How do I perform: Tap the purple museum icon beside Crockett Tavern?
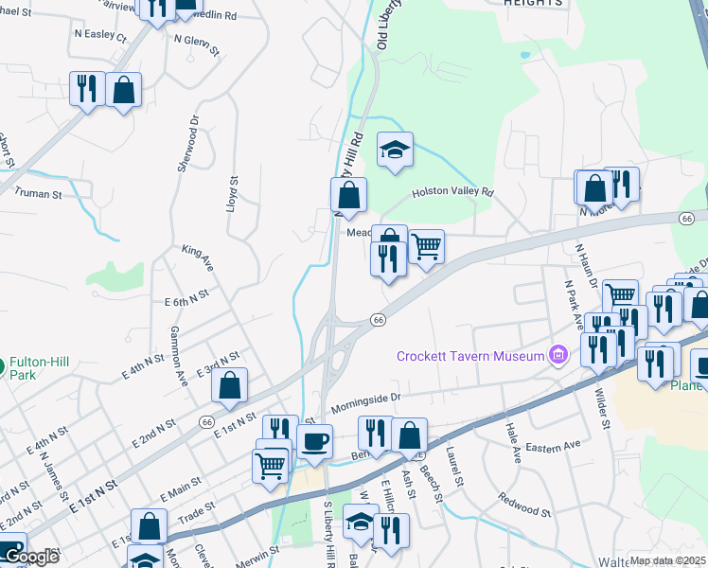[558, 356]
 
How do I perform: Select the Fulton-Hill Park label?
[41, 368]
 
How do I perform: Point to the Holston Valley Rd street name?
[452, 192]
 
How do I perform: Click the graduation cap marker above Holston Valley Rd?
[396, 150]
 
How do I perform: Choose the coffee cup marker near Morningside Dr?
[314, 440]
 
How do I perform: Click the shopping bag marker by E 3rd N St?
[229, 385]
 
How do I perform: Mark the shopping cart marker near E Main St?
[271, 465]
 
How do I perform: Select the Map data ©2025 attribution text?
[667, 560]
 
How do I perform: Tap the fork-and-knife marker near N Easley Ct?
[87, 89]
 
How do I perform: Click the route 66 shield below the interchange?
[378, 320]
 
